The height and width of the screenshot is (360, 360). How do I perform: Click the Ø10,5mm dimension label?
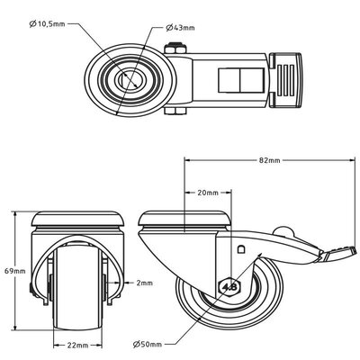[x=47, y=23]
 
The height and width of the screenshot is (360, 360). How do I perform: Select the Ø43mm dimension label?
[x=180, y=28]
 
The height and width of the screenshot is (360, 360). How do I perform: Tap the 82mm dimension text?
[x=269, y=160]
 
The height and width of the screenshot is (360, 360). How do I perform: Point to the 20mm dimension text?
[x=208, y=193]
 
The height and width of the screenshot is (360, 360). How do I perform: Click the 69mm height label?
[x=15, y=271]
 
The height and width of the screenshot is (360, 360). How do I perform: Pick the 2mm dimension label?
[x=145, y=283]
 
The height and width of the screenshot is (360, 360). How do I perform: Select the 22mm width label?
[x=77, y=346]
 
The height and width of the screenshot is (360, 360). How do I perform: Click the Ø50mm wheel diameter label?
[x=148, y=344]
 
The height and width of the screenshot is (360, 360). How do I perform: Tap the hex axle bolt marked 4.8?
[x=230, y=287]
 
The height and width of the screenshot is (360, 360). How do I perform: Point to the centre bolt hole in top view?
[x=129, y=79]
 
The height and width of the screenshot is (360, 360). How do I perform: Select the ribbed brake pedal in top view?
[x=285, y=80]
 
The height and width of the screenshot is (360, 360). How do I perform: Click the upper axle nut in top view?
[x=175, y=49]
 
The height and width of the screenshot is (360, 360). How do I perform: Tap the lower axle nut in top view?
[x=175, y=112]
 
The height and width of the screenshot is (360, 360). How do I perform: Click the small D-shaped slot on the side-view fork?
[x=241, y=249]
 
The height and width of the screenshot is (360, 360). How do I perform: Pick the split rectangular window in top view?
[x=241, y=80]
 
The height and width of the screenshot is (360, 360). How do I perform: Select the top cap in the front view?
[x=77, y=219]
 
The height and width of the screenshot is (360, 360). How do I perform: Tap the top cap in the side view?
[x=184, y=219]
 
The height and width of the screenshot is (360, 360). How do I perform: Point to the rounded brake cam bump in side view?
[x=283, y=231]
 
